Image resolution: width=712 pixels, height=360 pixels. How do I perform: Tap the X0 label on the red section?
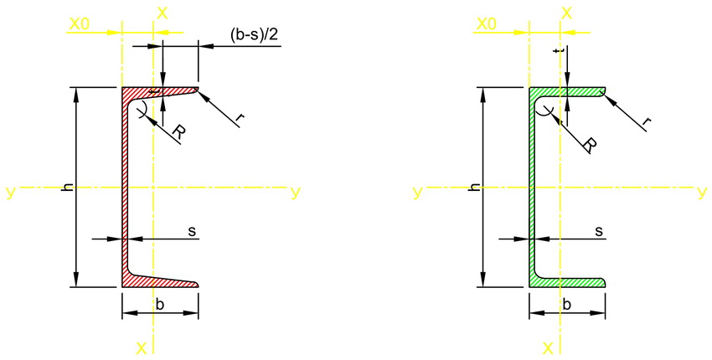tap(80, 25)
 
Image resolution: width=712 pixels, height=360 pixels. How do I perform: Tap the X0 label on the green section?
tap(487, 25)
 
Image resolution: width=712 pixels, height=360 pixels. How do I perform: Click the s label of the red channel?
tap(191, 229)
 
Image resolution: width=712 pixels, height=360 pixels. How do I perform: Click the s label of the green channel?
tap(598, 229)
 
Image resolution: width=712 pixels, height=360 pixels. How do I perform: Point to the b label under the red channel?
tap(159, 304)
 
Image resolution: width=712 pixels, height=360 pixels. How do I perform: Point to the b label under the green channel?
tap(566, 304)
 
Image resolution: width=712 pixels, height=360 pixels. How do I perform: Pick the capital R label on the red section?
tap(178, 132)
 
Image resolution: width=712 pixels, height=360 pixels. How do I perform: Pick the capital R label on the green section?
tap(590, 144)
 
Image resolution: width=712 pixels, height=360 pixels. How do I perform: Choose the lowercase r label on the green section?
tap(647, 123)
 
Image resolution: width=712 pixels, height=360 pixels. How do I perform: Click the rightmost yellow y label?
tap(702, 193)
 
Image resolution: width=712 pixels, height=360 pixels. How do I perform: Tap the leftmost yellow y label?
tap(9, 193)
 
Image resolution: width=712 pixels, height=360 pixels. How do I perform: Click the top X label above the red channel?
tap(162, 13)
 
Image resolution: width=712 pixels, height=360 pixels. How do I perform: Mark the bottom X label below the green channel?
tap(547, 347)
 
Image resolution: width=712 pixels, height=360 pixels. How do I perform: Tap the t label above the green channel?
tap(556, 51)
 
